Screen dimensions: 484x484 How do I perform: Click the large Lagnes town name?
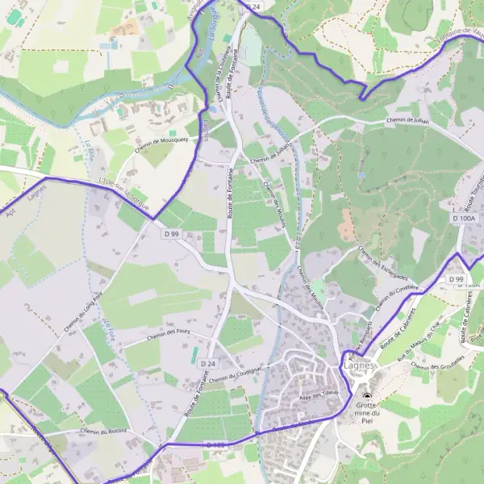359,365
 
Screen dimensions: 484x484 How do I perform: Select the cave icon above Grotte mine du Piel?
368,396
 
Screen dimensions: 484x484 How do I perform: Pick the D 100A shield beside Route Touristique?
464,218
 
